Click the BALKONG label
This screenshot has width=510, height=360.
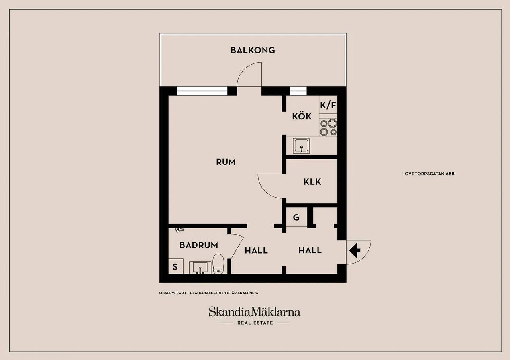(253, 50)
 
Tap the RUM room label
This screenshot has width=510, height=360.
(226, 162)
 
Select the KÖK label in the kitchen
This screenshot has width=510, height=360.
(302, 116)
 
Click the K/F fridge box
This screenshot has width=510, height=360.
(328, 105)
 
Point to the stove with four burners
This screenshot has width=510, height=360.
(328, 127)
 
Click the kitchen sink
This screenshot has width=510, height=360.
(302, 146)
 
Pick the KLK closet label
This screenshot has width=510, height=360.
(312, 182)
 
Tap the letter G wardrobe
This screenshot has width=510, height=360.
(296, 217)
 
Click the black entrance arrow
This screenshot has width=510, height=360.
(355, 250)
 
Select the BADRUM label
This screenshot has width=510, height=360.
(198, 245)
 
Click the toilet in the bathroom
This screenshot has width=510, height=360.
(218, 264)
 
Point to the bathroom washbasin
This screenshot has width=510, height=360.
(200, 267)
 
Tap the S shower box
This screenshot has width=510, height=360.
(176, 266)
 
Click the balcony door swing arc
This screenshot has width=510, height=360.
(244, 69)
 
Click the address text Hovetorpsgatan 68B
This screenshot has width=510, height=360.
(428, 174)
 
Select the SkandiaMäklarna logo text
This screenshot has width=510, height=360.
(255, 312)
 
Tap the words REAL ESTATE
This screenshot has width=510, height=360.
(255, 323)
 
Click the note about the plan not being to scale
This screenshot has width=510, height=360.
(208, 293)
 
